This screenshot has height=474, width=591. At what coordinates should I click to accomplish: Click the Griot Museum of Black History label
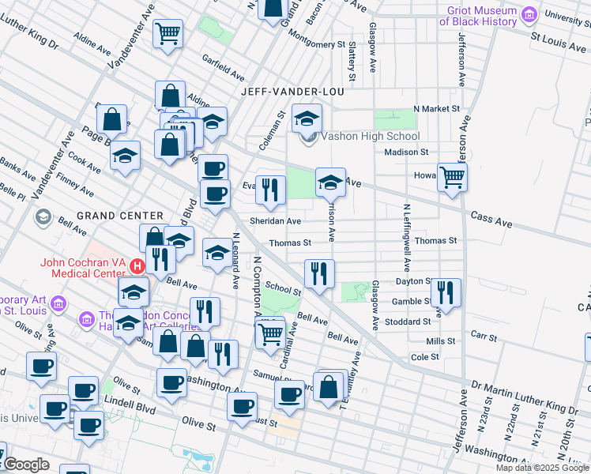tap(478, 16)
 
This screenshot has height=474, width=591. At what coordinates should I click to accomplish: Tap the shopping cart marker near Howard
tap(452, 176)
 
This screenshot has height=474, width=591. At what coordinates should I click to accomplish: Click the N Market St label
tap(436, 108)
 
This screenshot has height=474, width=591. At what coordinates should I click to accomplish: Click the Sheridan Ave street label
tap(276, 221)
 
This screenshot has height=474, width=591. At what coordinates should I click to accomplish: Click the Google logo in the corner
tap(27, 465)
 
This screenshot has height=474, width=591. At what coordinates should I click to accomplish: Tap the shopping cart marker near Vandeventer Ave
tap(168, 33)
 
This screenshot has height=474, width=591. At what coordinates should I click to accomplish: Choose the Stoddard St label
tap(407, 322)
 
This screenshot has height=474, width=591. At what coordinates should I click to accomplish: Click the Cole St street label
tap(425, 357)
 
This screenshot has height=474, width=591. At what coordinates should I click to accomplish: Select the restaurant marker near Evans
tap(270, 189)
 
